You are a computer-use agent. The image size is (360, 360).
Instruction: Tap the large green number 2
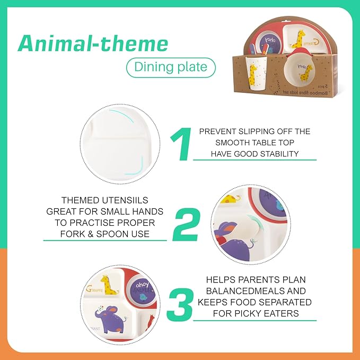tap(186, 224)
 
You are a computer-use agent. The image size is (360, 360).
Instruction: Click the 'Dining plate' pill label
tap(171, 67)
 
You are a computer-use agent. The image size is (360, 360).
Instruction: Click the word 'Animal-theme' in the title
tap(93, 43)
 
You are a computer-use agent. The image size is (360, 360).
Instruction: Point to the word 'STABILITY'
tap(276, 154)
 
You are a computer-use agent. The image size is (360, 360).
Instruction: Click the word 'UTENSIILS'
tap(125, 200)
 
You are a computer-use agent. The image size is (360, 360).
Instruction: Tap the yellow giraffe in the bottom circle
tap(109, 285)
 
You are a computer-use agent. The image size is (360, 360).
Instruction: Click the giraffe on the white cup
tap(253, 75)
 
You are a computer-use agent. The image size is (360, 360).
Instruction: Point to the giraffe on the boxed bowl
tap(306, 73)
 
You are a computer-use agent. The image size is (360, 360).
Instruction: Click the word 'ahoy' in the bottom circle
tap(142, 285)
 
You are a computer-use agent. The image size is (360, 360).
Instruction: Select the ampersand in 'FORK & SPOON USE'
tap(91, 234)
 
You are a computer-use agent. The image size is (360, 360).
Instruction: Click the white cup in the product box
tap(256, 73)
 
